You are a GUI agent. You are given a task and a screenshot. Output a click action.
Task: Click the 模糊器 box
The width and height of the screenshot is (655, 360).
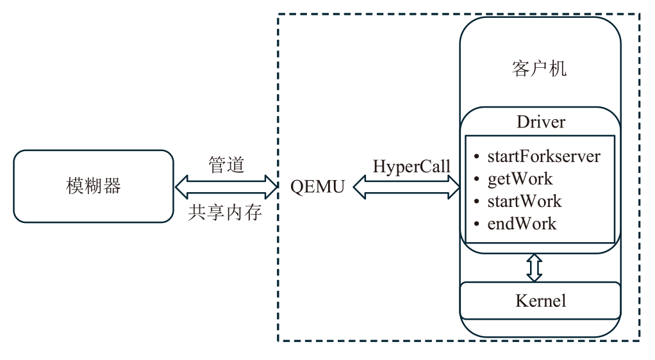click(x=94, y=186)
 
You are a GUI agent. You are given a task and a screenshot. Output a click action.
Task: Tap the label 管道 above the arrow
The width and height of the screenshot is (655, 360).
click(x=226, y=165)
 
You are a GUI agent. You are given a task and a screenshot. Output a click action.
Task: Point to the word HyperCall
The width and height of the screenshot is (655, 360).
click(x=411, y=166)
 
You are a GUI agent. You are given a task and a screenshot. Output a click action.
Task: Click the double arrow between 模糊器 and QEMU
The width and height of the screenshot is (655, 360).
click(x=226, y=188)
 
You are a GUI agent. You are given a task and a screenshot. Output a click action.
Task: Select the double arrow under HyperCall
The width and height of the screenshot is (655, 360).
click(x=406, y=187)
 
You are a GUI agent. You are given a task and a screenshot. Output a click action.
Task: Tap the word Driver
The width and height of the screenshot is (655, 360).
click(x=540, y=122)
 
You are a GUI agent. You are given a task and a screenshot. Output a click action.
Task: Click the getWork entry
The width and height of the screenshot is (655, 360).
click(x=520, y=178)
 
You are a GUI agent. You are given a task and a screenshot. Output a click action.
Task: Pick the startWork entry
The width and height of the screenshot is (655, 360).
click(x=524, y=201)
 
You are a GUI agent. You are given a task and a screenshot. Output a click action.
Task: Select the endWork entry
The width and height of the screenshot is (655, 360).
click(x=522, y=224)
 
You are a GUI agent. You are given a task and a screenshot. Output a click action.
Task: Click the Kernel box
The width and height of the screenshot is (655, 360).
click(x=540, y=300)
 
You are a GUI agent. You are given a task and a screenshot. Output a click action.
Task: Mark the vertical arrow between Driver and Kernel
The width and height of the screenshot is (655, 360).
click(x=535, y=268)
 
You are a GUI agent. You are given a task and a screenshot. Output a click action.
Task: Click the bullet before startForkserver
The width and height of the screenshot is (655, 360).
click(x=476, y=156)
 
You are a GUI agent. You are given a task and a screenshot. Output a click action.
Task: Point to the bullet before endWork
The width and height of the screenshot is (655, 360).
click(x=476, y=224)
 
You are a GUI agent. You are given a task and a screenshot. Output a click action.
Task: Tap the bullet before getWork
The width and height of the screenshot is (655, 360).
click(x=476, y=179)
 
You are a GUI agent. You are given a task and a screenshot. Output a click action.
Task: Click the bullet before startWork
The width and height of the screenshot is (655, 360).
click(x=476, y=202)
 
